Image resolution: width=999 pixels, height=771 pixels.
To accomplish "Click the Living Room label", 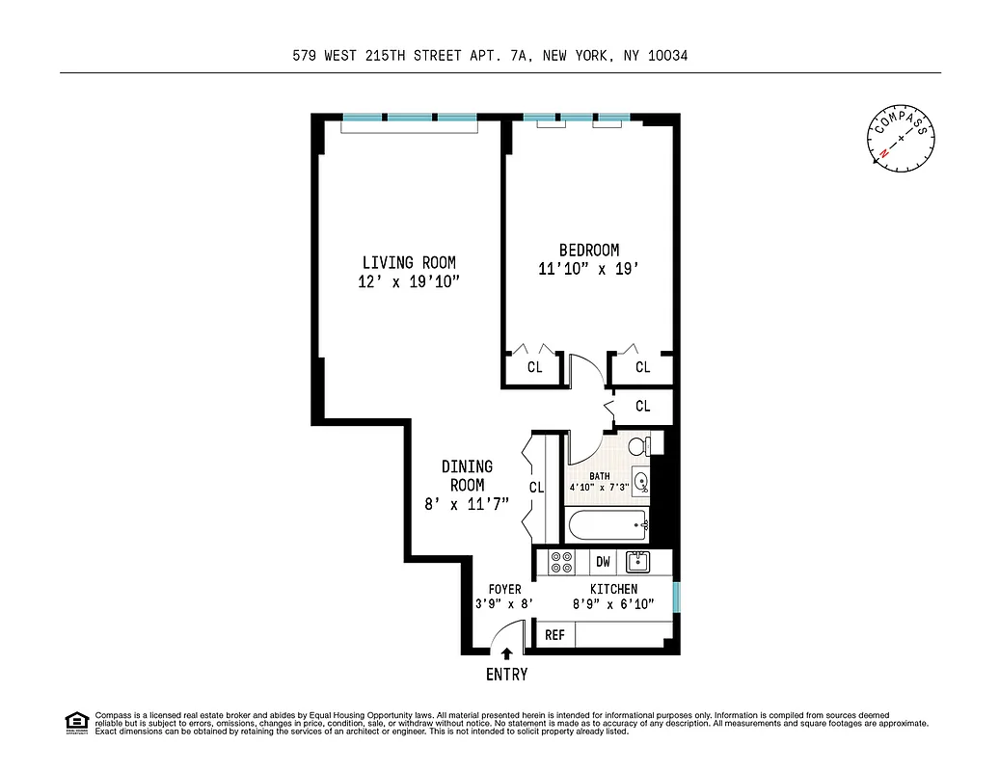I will [x=409, y=262].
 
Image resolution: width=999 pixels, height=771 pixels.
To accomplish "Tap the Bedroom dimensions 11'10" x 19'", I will [x=588, y=270].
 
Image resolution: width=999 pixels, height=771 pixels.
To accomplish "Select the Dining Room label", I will [x=467, y=476].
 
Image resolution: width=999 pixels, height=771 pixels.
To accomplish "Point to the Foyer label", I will [x=504, y=589].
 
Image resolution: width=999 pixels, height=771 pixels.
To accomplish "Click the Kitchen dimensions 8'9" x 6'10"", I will [x=613, y=604].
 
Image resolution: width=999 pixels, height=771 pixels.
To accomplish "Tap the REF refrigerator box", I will [x=554, y=635].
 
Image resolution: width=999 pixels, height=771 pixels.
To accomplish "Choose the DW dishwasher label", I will [x=603, y=562].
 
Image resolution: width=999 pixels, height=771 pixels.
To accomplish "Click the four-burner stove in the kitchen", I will [x=561, y=563].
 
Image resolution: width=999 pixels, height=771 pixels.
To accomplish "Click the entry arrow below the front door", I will [x=507, y=653].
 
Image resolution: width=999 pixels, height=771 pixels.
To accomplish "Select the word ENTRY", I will [x=506, y=675].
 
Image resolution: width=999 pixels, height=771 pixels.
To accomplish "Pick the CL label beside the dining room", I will [x=536, y=488].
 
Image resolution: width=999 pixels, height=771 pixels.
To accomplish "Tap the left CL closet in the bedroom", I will [x=534, y=367].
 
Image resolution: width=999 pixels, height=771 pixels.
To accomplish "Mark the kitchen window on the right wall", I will [x=676, y=596].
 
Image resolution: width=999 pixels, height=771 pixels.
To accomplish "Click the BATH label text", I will [x=600, y=475].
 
